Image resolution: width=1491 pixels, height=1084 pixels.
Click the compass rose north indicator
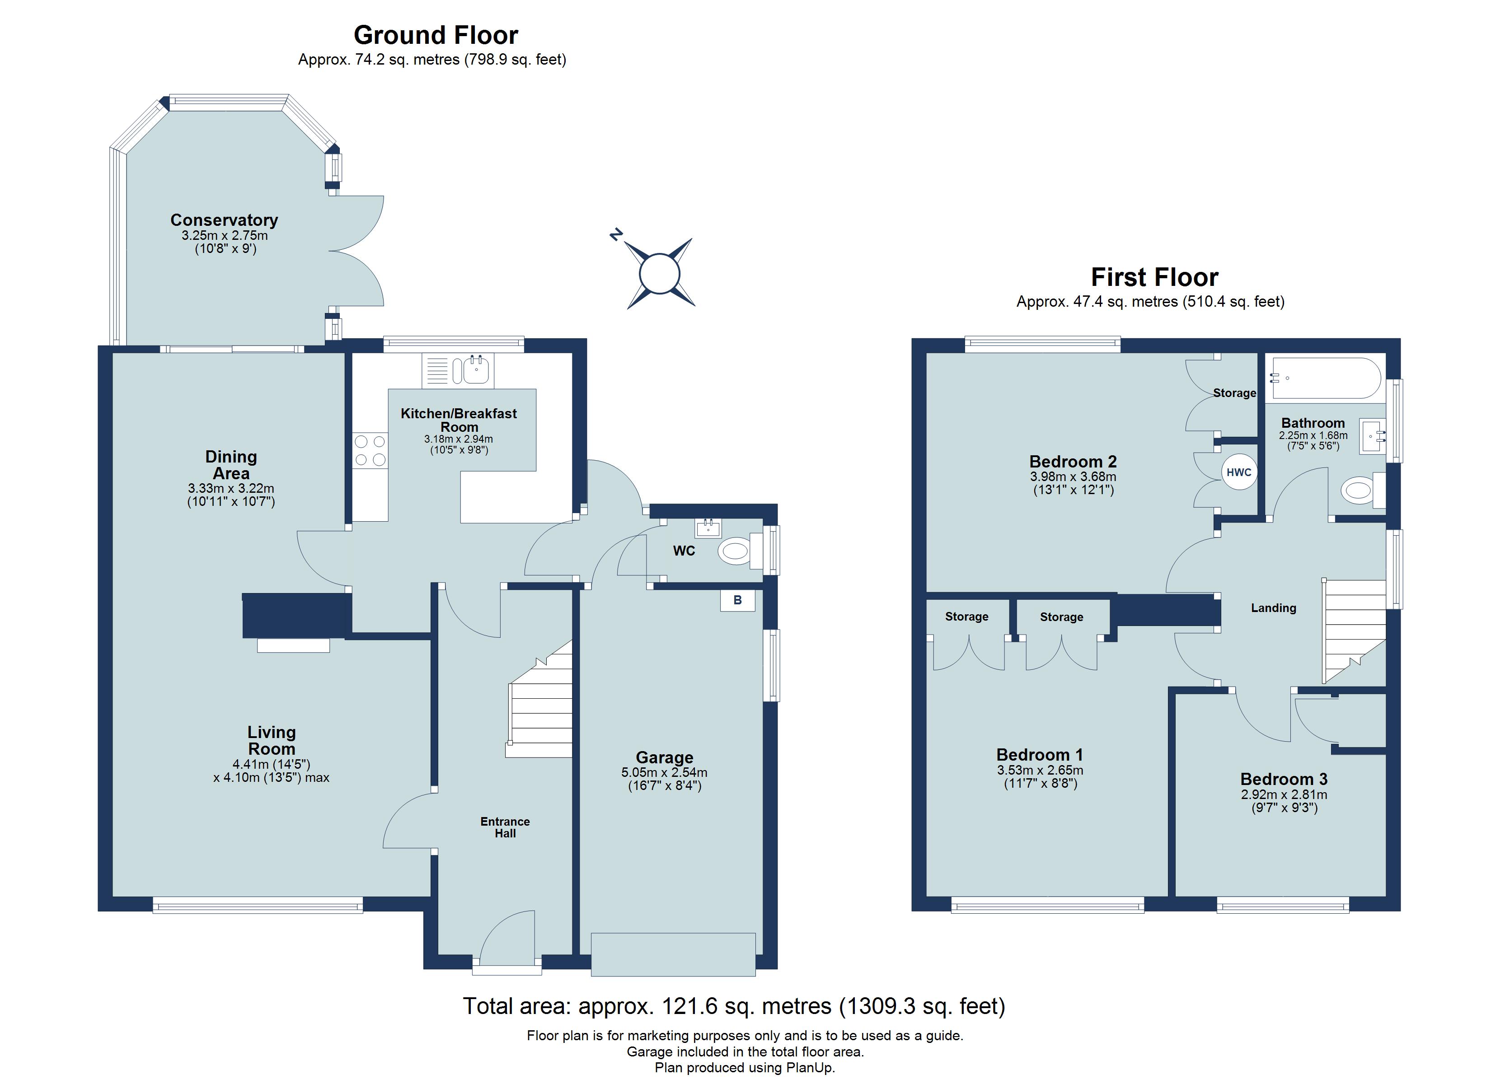(616, 234)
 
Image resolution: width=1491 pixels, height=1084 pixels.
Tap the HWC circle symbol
(1238, 472)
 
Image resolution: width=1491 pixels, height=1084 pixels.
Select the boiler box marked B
(738, 600)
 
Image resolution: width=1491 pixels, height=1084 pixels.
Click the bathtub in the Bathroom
(1327, 378)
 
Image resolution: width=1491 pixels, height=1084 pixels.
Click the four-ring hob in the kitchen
(370, 451)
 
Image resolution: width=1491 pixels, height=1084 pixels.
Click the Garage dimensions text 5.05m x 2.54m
(664, 772)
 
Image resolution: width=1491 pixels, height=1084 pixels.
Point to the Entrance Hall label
(505, 827)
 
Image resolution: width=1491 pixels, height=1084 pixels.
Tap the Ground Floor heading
(436, 35)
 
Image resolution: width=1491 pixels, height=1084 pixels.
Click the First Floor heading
(1154, 277)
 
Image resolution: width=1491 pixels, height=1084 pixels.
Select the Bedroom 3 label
(1284, 779)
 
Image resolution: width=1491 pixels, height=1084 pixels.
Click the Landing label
(1273, 608)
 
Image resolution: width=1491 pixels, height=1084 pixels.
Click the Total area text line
(734, 1006)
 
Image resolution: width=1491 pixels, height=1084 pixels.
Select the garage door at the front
(673, 954)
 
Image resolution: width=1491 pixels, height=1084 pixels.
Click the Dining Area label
(231, 465)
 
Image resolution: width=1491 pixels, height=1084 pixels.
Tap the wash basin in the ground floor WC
(708, 527)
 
